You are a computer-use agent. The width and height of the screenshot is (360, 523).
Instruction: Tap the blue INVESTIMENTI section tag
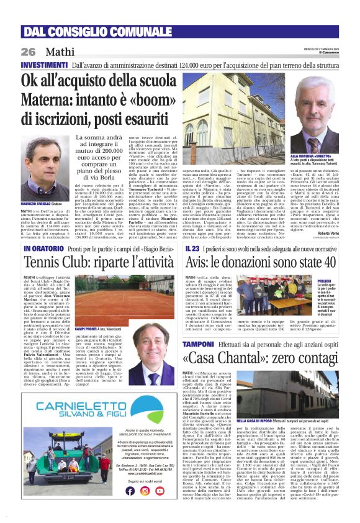click(45, 65)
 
